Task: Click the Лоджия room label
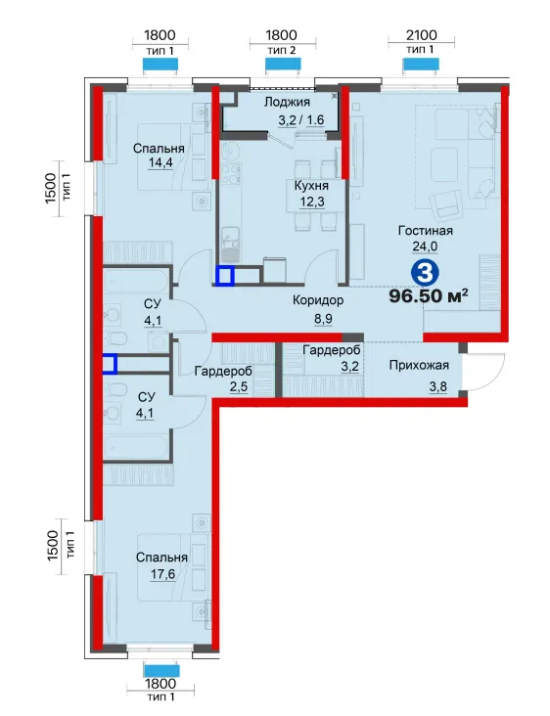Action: (x=287, y=102)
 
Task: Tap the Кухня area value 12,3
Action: (x=312, y=201)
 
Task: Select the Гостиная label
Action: (x=425, y=231)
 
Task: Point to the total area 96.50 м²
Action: (x=429, y=296)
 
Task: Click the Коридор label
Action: (x=317, y=300)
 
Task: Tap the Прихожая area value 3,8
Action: (x=437, y=387)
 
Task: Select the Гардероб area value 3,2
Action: (x=349, y=366)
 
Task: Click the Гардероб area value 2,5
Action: (x=239, y=387)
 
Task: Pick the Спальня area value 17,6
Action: (x=162, y=574)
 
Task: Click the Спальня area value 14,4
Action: (x=160, y=163)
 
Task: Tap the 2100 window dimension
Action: (x=421, y=35)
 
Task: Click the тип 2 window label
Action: (x=282, y=50)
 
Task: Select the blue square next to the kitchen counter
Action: (x=225, y=276)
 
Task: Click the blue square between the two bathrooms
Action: (x=110, y=365)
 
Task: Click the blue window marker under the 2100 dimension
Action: (x=421, y=65)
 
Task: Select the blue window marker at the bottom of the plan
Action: (x=161, y=670)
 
